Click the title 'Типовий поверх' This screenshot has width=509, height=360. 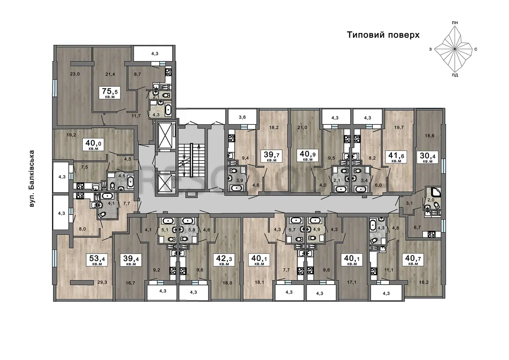383,35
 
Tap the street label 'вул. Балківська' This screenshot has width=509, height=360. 32,179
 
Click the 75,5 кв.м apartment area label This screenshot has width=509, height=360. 110,92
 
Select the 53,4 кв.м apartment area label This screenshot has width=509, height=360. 97,260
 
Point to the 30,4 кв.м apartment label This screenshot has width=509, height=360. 428,157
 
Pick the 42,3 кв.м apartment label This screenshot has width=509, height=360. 224,260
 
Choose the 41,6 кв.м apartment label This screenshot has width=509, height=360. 396,157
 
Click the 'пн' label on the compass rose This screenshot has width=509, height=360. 455,23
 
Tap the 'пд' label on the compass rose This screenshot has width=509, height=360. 455,75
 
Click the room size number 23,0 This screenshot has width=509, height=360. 75,74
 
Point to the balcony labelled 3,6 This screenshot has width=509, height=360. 243,117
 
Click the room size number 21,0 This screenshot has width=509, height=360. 302,128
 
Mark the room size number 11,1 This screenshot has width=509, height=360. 389,270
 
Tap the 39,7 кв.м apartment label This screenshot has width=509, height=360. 271,156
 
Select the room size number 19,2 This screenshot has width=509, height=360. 71,135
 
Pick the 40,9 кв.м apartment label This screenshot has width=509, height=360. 308,156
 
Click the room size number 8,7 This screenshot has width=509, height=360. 137,74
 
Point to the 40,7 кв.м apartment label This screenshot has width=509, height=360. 413,260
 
